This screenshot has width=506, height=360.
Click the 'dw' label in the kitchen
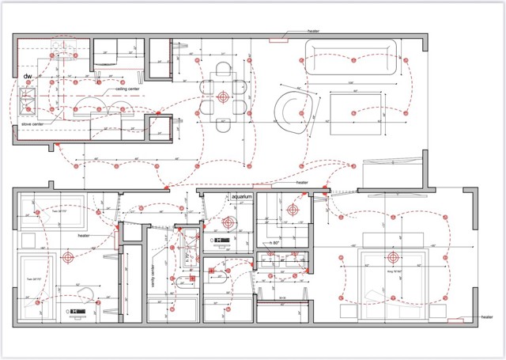(x=28, y=76)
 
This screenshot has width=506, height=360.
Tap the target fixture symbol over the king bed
(x=392, y=257)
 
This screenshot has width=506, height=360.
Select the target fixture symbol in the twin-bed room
(x=70, y=256)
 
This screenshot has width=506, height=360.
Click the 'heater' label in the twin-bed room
(x=85, y=236)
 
